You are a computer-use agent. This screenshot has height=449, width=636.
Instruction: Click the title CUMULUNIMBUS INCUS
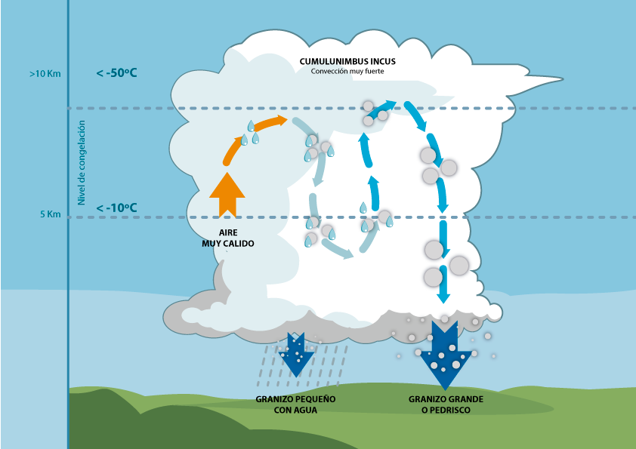[347, 62]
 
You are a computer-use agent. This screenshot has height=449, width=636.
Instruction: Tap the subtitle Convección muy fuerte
[347, 72]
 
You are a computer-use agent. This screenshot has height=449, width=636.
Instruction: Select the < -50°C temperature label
[116, 73]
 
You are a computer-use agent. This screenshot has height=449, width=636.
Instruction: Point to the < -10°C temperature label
[116, 208]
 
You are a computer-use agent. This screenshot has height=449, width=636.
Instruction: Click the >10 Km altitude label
[45, 74]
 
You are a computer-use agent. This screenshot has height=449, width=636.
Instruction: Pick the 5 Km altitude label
[50, 214]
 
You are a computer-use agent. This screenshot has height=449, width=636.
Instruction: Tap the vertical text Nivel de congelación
[82, 163]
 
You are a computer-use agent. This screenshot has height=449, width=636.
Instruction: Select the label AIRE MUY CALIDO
[228, 238]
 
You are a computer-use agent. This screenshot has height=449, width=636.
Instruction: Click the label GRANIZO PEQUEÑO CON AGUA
[296, 404]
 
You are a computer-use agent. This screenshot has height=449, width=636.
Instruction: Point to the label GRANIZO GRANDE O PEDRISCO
[446, 404]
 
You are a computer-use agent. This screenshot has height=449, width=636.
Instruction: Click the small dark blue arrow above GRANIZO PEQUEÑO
[295, 353]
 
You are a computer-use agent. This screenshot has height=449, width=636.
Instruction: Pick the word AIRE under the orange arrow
[228, 233]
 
